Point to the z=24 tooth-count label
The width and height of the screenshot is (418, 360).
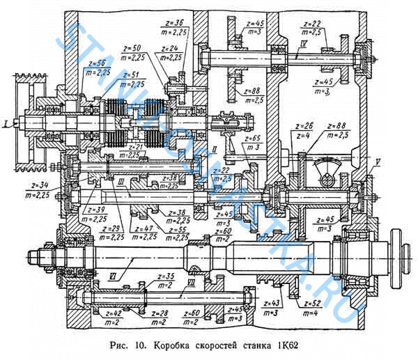[x=170, y=48]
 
